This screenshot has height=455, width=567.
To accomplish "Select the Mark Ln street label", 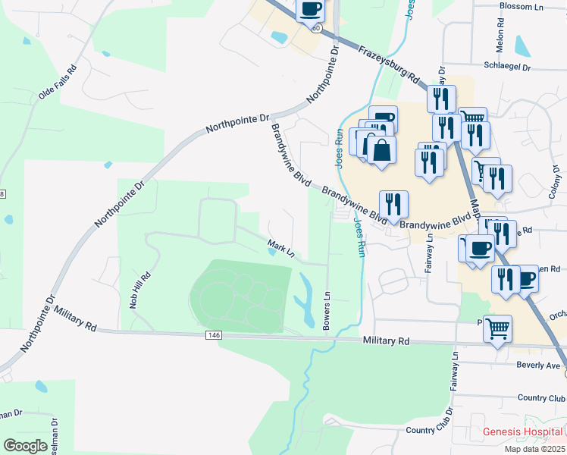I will [280, 247].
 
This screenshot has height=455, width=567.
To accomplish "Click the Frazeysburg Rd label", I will [389, 64].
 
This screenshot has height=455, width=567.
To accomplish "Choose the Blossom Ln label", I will [523, 6].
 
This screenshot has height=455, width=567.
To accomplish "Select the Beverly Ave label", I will [537, 365].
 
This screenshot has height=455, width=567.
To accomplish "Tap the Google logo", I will [26, 446].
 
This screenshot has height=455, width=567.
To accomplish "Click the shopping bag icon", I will [384, 149].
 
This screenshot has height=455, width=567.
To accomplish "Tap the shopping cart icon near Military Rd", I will [497, 328].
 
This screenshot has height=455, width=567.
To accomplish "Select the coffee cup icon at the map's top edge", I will [309, 10].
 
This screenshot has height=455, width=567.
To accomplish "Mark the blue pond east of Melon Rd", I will [523, 45].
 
